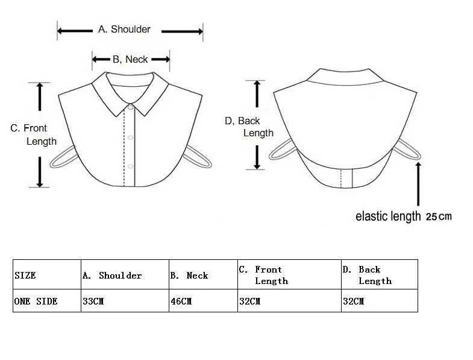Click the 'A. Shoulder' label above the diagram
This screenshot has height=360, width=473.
point(125,30)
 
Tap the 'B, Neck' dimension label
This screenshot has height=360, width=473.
point(130,59)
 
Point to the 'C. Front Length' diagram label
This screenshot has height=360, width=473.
point(33,134)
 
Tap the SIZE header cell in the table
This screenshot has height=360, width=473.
point(25,276)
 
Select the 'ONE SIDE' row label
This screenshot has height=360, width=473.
point(36,301)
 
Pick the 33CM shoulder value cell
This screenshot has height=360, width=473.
point(93,301)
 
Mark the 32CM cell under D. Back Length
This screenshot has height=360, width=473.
point(354,301)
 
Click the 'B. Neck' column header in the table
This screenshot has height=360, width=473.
point(189,276)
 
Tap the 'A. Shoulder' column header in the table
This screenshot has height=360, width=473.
point(112,276)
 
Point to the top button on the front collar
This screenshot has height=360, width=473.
point(131,107)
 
